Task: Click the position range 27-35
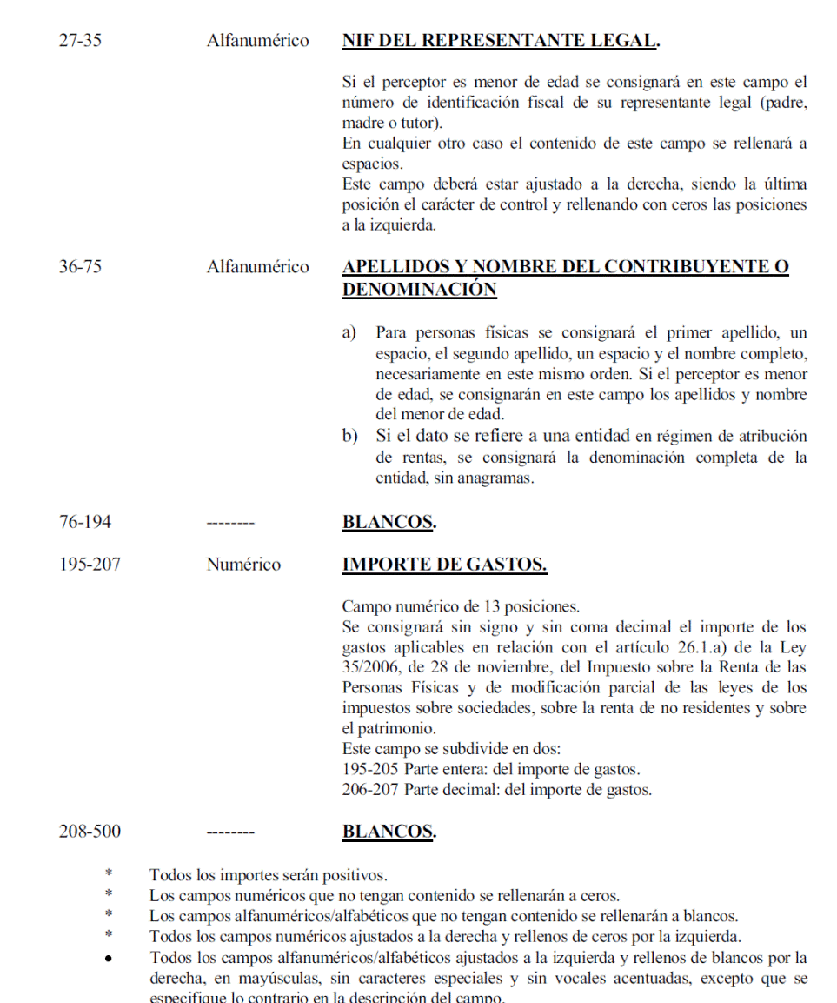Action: click(x=80, y=41)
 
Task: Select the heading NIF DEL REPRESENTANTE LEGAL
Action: click(x=500, y=41)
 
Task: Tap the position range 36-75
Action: click(x=80, y=267)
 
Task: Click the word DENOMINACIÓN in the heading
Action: click(x=419, y=290)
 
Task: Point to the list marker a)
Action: click(x=349, y=333)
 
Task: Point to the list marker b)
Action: click(x=349, y=436)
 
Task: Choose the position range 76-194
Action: click(x=85, y=523)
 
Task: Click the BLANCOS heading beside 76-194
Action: click(x=389, y=523)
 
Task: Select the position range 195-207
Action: click(x=90, y=565)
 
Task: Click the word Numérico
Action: click(x=243, y=565)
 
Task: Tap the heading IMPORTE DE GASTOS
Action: click(x=444, y=565)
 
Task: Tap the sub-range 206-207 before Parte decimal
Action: click(x=371, y=791)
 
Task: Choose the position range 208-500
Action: click(x=90, y=832)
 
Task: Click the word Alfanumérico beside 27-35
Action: click(x=257, y=41)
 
